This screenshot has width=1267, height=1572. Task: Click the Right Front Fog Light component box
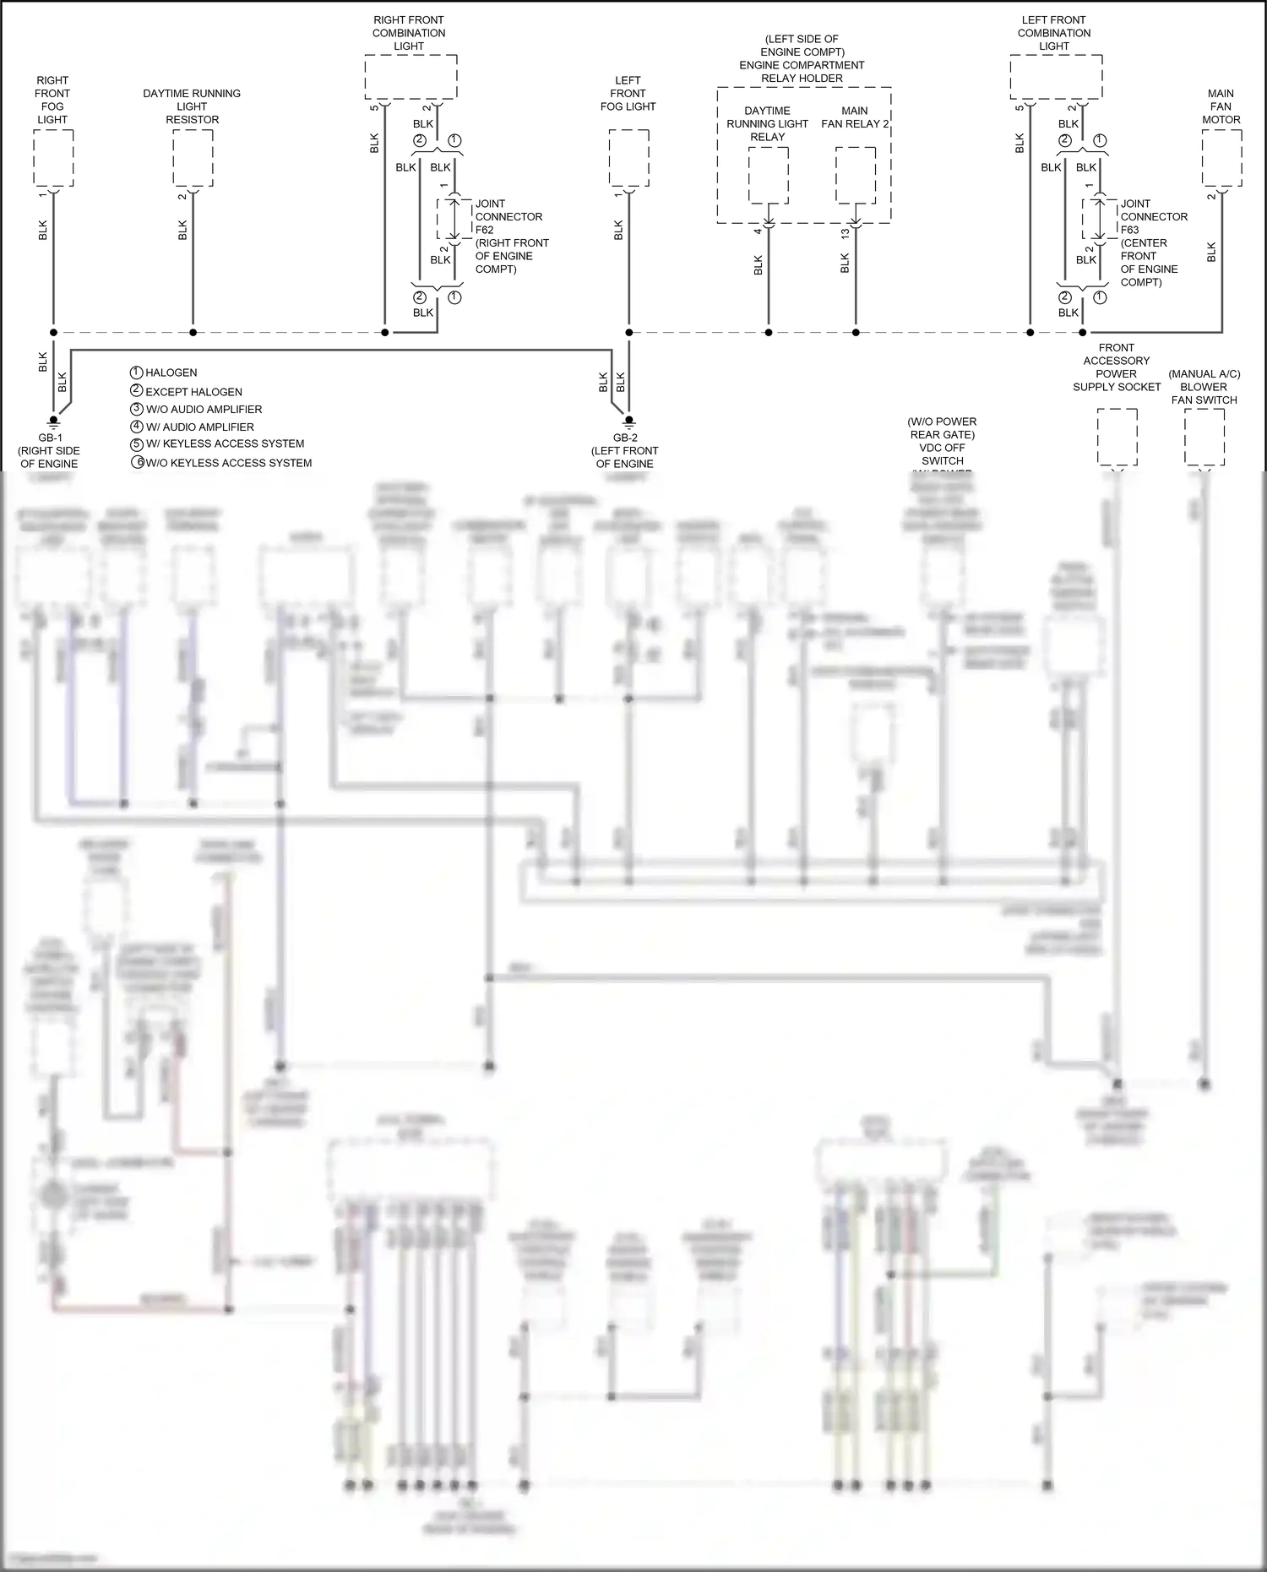[53, 158]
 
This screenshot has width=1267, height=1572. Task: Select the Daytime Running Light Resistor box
[193, 158]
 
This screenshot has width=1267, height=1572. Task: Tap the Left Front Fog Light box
[629, 158]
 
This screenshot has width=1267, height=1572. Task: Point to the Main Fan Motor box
[1221, 158]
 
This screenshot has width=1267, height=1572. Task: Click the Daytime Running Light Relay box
[769, 175]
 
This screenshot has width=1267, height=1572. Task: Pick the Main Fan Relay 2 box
[856, 175]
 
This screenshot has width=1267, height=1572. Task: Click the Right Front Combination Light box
[411, 77]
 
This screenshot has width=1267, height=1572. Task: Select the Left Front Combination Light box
[1056, 77]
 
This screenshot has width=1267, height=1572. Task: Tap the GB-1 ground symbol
[53, 420]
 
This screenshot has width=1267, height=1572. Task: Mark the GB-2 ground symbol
[629, 420]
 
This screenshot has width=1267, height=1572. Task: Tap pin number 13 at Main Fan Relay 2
[846, 233]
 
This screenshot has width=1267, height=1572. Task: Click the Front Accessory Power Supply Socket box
[1117, 437]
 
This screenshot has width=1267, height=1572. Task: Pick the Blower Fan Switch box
[1204, 437]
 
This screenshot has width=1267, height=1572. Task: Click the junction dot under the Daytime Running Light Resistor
[193, 333]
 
